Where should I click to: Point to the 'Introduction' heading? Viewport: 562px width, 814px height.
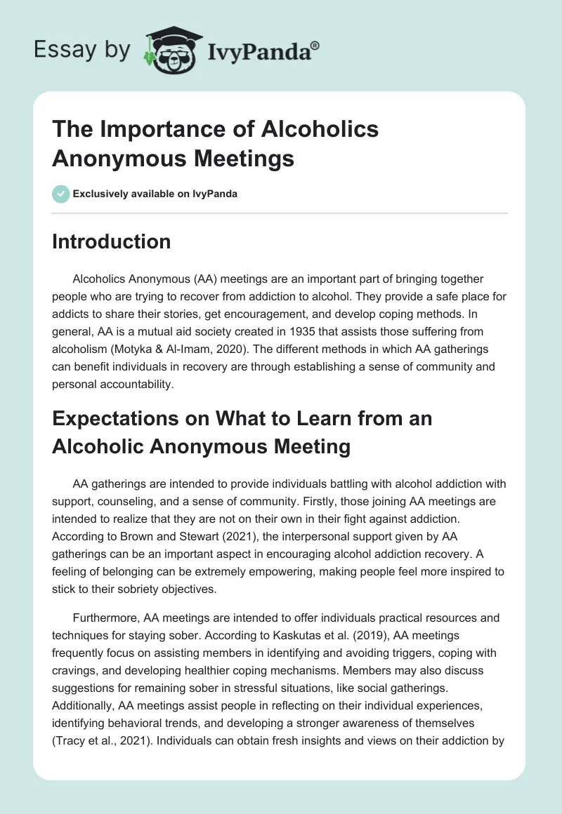(112, 241)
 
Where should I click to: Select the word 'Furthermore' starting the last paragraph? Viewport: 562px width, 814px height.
(105, 618)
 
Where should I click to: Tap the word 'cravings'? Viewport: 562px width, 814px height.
(77, 670)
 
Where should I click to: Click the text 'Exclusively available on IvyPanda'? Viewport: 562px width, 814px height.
(156, 194)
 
